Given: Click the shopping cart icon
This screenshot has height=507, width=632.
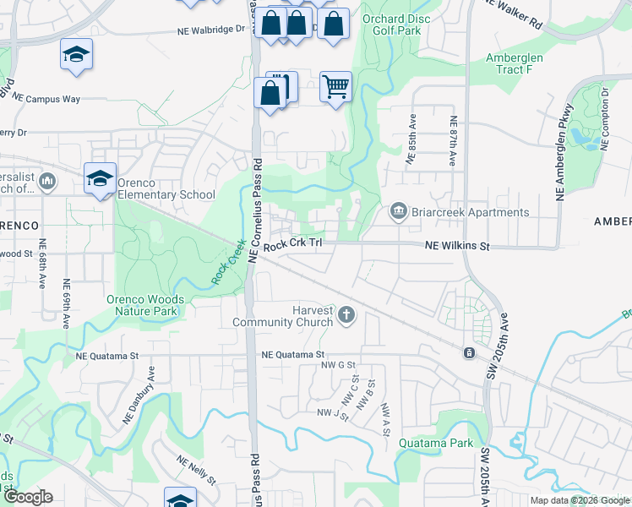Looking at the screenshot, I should click(335, 86).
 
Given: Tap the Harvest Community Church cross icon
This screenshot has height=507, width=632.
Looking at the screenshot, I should click(345, 316).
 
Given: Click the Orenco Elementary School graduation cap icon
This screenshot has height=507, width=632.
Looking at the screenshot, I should click(100, 178).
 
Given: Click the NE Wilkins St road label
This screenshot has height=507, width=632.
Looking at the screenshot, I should click(456, 246).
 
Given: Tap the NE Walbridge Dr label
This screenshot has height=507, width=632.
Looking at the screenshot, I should click(210, 28).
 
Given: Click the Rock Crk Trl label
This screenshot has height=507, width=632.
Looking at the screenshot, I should click(292, 245).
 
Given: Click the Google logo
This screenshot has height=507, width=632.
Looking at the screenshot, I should click(27, 497).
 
